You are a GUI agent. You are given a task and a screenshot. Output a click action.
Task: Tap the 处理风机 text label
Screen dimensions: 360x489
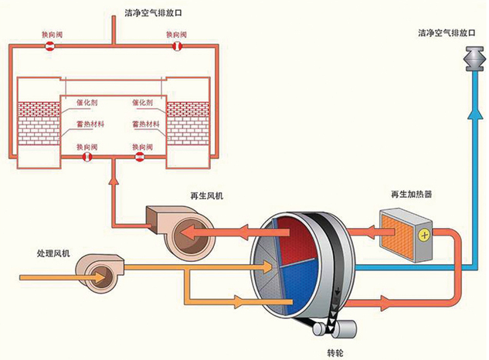(53, 253)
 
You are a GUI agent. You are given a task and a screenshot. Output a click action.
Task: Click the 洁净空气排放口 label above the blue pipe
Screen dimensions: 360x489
(447, 32)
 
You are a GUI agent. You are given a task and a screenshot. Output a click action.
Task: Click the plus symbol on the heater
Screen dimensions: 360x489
(423, 233)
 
